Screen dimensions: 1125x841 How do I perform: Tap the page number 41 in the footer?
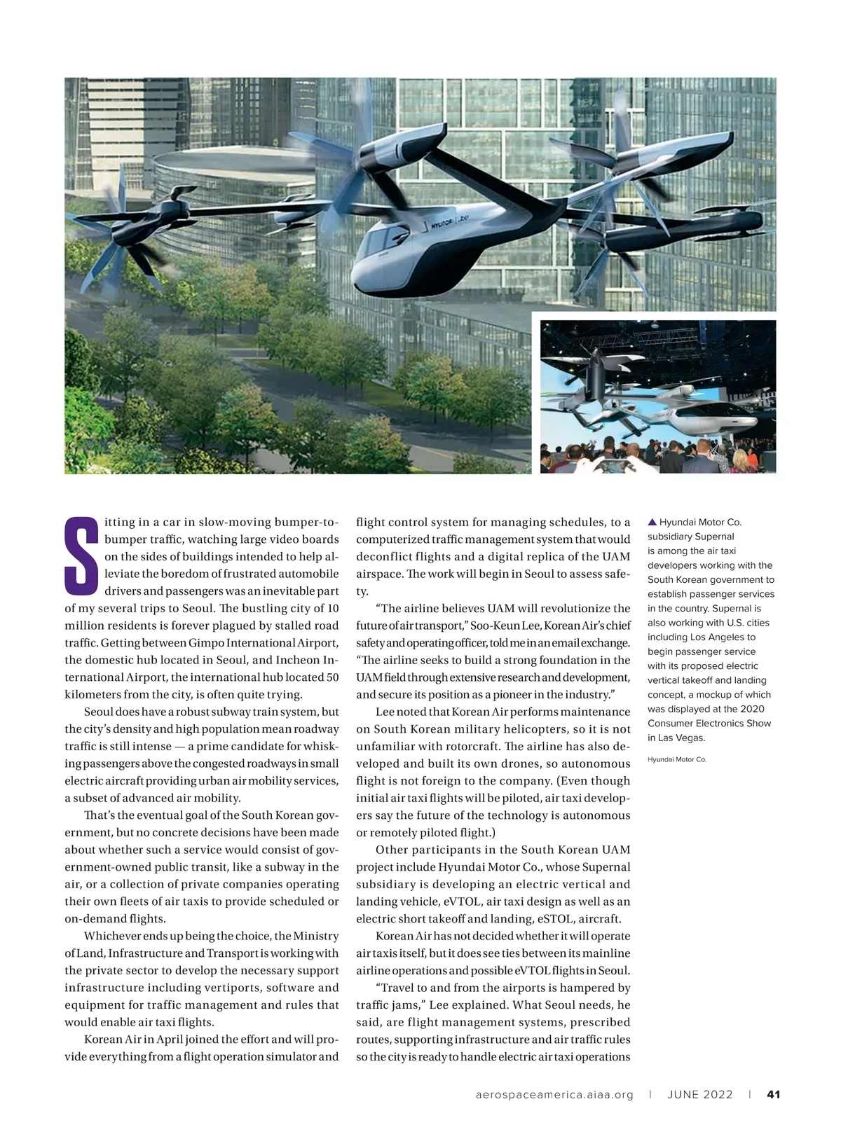pos(774,1094)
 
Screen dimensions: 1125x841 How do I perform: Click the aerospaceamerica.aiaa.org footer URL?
pos(554,1094)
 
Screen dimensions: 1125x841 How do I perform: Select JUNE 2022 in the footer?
pos(699,1094)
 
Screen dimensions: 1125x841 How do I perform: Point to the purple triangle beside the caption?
pos(652,522)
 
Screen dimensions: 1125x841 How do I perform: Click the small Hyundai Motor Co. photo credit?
pos(677,759)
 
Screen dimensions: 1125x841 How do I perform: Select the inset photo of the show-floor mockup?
pos(657,396)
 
